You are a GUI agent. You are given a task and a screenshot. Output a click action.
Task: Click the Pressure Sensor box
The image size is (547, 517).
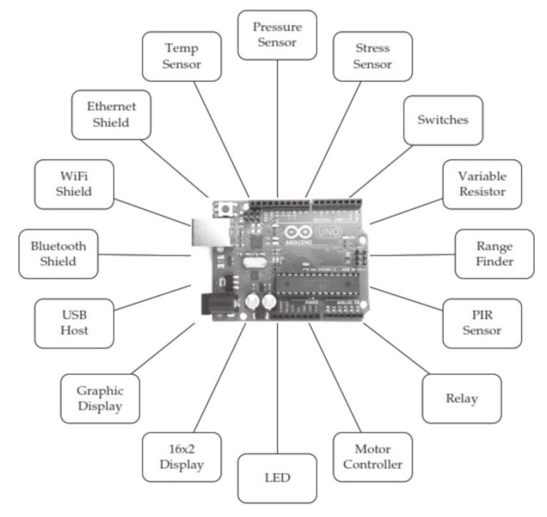click(x=277, y=35)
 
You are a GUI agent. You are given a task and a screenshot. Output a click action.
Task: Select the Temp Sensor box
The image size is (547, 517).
click(x=182, y=56)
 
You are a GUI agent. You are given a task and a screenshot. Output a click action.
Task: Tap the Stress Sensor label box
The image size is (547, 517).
click(x=373, y=56)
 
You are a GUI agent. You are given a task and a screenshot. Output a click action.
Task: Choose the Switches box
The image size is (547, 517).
click(x=442, y=120)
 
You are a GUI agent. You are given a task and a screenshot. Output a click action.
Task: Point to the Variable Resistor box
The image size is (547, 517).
click(x=481, y=184)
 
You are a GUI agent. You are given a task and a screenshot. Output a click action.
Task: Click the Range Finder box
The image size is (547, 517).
click(x=494, y=254)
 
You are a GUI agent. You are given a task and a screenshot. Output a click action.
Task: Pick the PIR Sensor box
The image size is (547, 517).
click(x=481, y=323)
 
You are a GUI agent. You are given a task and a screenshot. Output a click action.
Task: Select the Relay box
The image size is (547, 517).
click(x=462, y=398)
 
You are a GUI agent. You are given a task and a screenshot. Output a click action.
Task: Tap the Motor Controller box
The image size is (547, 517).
click(x=373, y=456)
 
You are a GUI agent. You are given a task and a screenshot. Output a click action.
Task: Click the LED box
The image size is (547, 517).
click(x=277, y=477)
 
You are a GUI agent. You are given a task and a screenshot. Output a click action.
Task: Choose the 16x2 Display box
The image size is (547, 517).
click(x=182, y=456)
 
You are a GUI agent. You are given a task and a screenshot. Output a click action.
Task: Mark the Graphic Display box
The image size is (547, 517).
click(x=100, y=398)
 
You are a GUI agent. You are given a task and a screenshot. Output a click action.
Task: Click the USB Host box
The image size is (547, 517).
click(x=73, y=323)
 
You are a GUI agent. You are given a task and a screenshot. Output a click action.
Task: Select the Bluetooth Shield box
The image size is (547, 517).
click(x=58, y=254)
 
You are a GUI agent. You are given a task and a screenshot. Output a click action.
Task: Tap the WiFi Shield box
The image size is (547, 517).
click(x=74, y=184)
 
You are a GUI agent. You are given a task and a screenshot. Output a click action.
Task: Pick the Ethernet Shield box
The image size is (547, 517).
click(x=112, y=114)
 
